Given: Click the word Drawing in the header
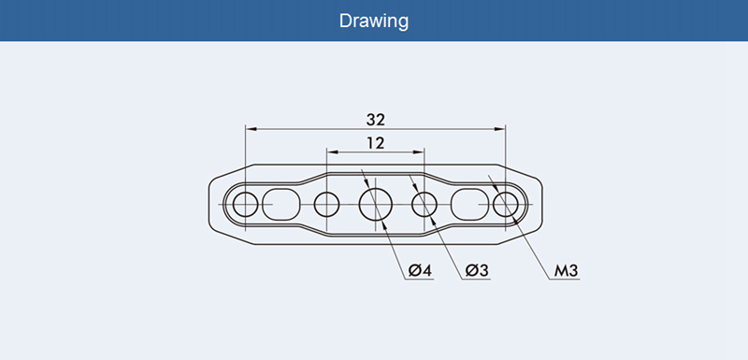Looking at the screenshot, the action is pos(373,21).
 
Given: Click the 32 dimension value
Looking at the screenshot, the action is pos(376,120).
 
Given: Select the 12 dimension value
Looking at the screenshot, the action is pos(376,142).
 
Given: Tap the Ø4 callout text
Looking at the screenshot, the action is pos(420,270).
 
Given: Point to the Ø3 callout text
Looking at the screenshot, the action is pos(477,270).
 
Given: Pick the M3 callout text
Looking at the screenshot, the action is pos(566,270).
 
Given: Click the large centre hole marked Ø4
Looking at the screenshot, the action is pos(376,204).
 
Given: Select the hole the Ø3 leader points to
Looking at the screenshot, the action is pos(424,204).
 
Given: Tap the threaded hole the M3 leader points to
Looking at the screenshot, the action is pos(506,204).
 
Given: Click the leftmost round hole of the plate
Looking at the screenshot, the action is pos(245,204).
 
